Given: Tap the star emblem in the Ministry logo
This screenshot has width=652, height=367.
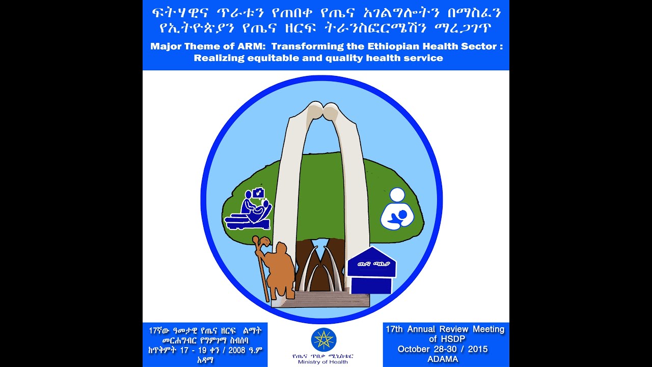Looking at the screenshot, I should pos(323,339).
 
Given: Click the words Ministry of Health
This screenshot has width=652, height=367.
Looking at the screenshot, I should pos(324,362).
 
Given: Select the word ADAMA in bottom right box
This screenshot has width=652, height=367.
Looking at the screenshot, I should pos(443,359).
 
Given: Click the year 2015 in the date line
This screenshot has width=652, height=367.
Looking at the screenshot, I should pos(476,350).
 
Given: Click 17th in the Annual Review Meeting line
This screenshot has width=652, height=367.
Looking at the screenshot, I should pos(395,329).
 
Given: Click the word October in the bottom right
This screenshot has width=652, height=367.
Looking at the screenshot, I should pos(416,350).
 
